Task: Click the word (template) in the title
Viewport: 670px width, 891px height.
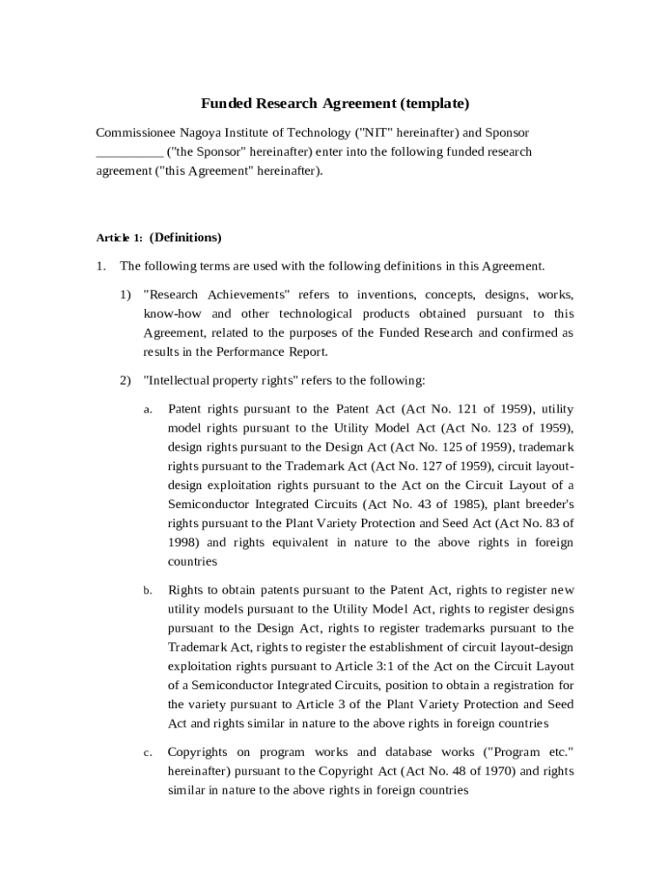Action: click(434, 104)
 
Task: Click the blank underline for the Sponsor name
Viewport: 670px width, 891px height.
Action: click(129, 151)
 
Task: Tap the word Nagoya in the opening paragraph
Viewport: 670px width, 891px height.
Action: click(199, 132)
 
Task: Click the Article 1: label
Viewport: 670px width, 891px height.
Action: click(119, 238)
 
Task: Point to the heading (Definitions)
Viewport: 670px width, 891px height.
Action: click(185, 237)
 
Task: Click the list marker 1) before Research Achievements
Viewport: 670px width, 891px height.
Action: click(126, 294)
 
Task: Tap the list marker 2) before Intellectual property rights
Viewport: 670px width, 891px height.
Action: click(126, 380)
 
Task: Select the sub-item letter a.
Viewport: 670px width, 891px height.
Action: click(148, 409)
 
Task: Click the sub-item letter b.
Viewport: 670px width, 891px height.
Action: click(148, 591)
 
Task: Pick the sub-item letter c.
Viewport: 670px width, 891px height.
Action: click(148, 753)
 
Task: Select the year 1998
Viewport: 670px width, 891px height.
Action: click(184, 542)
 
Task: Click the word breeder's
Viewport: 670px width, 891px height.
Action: click(546, 505)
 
